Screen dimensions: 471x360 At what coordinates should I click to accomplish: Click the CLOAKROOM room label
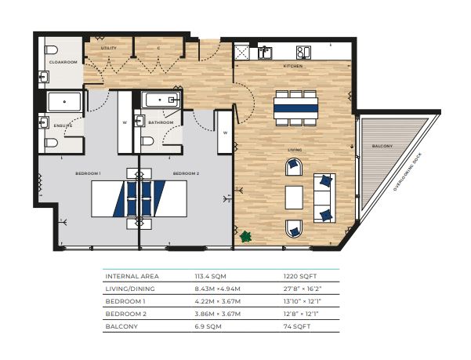coord(63,62)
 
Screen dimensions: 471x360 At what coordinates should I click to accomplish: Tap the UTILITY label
coord(108,48)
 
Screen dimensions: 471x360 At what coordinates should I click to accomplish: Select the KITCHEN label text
coord(293,66)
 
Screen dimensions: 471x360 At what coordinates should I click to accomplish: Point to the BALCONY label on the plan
coord(382,146)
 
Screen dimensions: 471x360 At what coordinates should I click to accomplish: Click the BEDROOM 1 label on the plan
coord(88,173)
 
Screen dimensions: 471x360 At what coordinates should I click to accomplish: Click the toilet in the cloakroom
coord(51,50)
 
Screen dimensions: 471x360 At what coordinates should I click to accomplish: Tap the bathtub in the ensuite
coord(64,102)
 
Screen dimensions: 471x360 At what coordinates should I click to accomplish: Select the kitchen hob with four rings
coord(303,52)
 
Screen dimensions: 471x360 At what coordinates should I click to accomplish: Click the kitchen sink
coord(265,53)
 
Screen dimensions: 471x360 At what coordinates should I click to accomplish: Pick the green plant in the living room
coord(246,237)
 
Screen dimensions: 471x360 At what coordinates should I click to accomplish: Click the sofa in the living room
coord(324,198)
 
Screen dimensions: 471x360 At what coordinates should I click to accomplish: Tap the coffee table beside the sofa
coord(294,198)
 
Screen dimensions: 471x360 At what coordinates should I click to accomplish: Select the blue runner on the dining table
coord(296,108)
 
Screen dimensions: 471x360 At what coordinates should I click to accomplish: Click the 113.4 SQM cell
coord(210,276)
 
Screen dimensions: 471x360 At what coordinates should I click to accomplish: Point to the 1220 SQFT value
coord(300,276)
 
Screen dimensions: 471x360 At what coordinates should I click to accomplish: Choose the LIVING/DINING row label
coord(130,289)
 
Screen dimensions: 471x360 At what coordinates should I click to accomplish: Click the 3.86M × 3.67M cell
coord(218,314)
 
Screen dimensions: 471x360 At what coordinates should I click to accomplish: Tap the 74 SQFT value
coord(297,326)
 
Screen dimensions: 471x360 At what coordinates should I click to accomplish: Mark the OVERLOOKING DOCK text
coord(408,172)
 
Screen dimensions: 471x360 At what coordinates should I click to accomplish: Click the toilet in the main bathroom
coord(147,141)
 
